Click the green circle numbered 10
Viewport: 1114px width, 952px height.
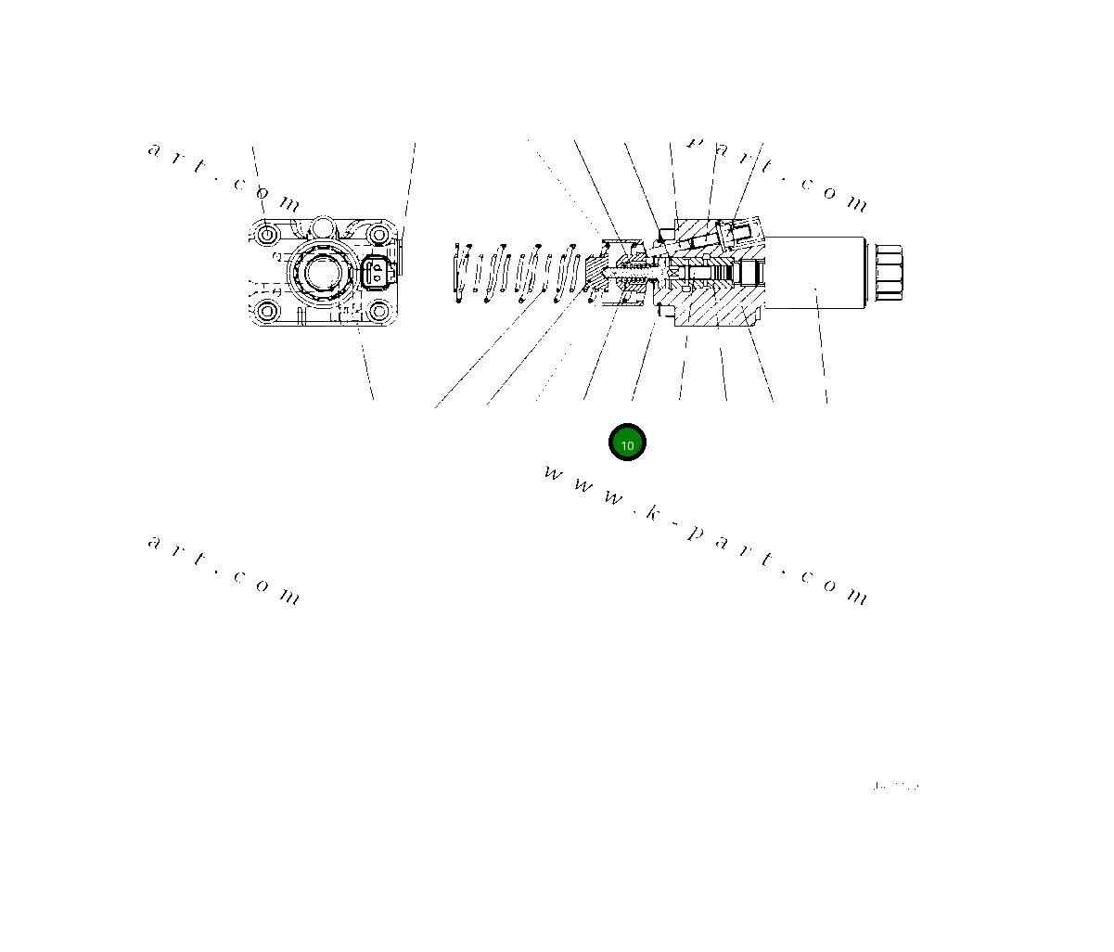pyautogui.click(x=627, y=444)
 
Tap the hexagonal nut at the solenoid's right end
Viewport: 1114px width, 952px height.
pyautogui.click(x=888, y=273)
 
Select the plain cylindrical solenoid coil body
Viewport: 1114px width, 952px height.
pyautogui.click(x=815, y=273)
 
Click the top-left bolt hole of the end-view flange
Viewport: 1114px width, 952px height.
pyautogui.click(x=268, y=235)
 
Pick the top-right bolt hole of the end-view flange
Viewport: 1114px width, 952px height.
pyautogui.click(x=377, y=235)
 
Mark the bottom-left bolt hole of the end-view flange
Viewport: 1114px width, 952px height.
pyautogui.click(x=268, y=311)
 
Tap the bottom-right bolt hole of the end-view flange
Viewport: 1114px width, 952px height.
pyautogui.click(x=377, y=311)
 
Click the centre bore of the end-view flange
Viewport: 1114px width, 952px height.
pyautogui.click(x=320, y=273)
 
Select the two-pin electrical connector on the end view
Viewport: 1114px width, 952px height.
pyautogui.click(x=379, y=273)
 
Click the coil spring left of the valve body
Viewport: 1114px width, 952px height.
pyautogui.click(x=519, y=274)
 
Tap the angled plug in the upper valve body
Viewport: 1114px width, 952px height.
pyautogui.click(x=739, y=233)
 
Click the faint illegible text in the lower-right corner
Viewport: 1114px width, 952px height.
pyautogui.click(x=895, y=787)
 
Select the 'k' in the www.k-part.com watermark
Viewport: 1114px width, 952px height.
pyautogui.click(x=653, y=512)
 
